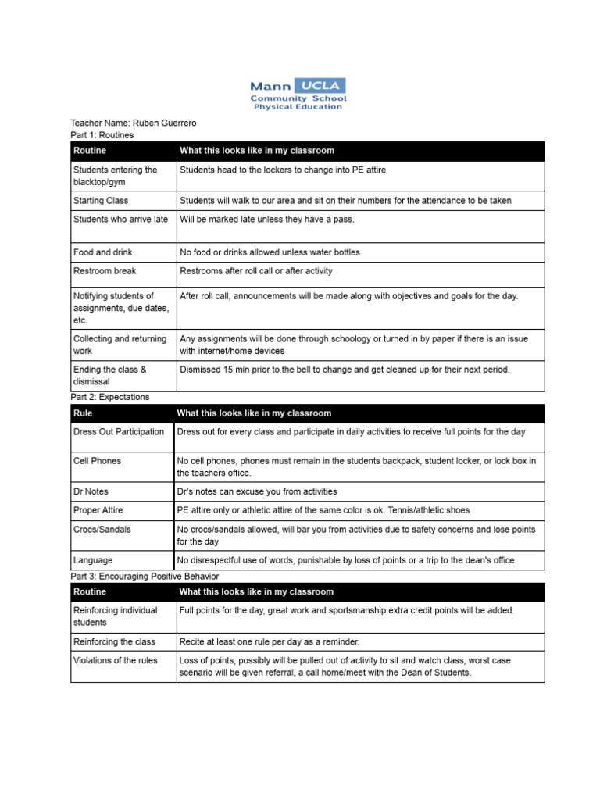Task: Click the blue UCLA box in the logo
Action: coord(320,86)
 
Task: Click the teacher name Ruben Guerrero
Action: coord(165,123)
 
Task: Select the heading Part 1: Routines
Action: coord(102,135)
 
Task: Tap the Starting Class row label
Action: coord(101,201)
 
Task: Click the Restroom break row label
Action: coord(105,271)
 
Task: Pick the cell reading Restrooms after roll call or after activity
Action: coord(256,271)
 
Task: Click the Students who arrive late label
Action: coord(120,220)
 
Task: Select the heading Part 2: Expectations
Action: coord(109,397)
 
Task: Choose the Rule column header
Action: coord(83,413)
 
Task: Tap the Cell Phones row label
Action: coord(97,461)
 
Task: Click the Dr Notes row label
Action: coord(91,491)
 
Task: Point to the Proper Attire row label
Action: coord(98,510)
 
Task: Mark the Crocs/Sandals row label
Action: coord(102,529)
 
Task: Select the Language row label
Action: coord(93,560)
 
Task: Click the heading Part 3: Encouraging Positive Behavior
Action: coord(145,576)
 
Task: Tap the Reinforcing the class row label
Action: coord(114,641)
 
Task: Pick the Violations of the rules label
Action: coord(116,660)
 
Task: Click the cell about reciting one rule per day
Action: coord(269,641)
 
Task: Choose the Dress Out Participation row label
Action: coord(119,432)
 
